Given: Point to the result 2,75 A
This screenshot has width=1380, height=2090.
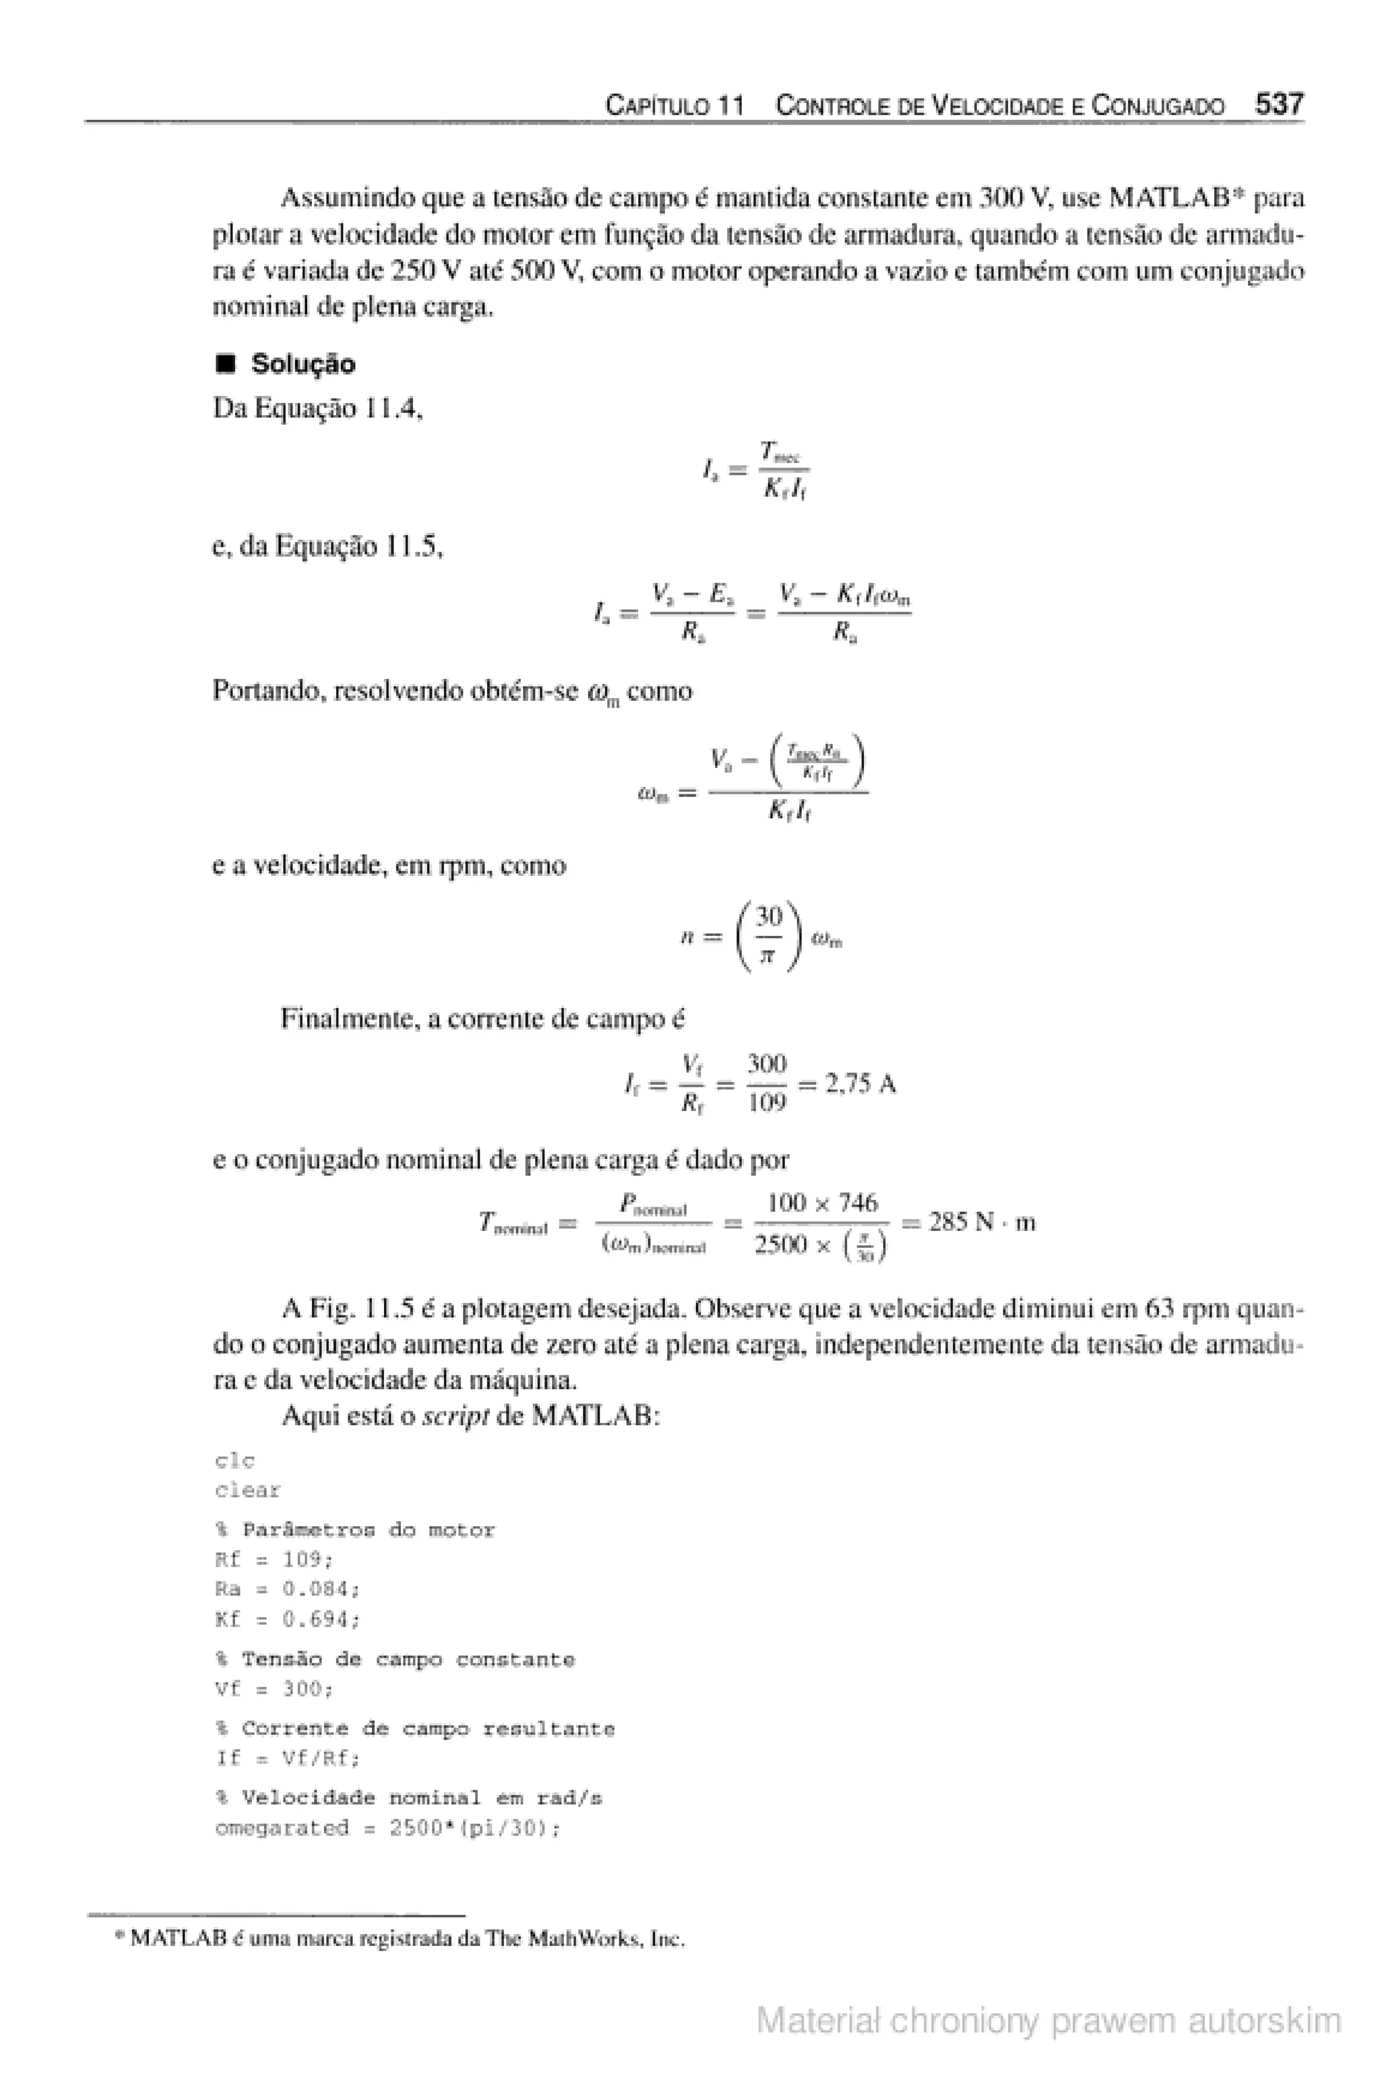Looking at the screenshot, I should coord(860,1083).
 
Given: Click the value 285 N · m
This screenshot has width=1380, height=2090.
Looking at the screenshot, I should coord(981,1222).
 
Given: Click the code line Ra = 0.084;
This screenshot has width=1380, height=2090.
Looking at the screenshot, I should coord(288,1589).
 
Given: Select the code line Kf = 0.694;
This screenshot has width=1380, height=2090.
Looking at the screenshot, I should coord(288,1619).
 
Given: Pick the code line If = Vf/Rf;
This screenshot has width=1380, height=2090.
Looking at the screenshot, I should coord(288,1759).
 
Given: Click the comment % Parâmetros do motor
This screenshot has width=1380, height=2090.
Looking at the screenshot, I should coord(354,1530).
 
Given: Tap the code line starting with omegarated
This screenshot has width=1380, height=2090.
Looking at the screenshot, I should coord(387,1828).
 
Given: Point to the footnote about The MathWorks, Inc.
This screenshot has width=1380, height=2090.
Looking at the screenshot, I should coord(400,1938).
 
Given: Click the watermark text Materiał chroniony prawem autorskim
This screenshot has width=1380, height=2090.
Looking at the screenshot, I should coord(1048,2021).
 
